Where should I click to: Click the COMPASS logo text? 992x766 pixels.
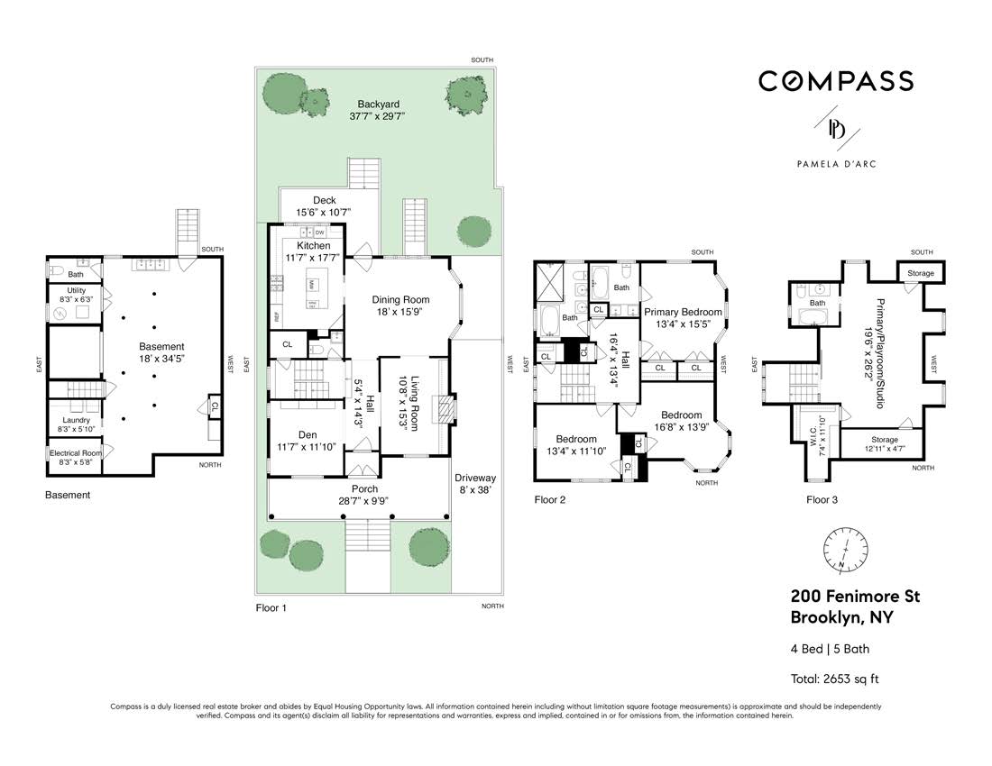(835, 81)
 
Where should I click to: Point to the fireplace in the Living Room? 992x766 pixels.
(442, 411)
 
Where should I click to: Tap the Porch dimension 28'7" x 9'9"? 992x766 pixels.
(364, 502)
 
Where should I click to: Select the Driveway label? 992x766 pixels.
(474, 478)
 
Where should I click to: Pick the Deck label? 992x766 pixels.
(324, 200)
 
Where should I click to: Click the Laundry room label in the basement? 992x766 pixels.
(76, 420)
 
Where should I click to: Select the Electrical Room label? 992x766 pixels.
(76, 453)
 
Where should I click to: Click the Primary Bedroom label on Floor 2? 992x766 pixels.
(683, 312)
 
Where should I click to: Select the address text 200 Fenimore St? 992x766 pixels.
(855, 597)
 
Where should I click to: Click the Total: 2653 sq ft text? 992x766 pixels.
(834, 679)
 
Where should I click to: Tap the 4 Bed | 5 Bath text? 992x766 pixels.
(830, 649)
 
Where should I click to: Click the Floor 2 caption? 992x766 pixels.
(549, 499)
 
